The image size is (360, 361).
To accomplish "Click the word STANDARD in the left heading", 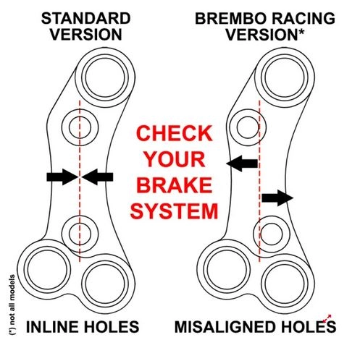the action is point(86,19).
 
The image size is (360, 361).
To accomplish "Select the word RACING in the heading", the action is point(301,19).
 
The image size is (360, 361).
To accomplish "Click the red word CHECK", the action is point(174,133).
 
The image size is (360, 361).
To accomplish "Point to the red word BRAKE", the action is point(175,185).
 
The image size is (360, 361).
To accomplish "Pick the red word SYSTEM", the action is point(174,211).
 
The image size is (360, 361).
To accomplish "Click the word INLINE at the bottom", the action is point(53,327).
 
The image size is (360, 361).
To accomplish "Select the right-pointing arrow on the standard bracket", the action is point(62,177).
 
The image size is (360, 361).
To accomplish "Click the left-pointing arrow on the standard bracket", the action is point(97,177).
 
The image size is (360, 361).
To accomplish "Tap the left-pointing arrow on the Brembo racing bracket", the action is point(242,163).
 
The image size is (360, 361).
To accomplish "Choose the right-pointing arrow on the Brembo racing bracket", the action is point(277,198).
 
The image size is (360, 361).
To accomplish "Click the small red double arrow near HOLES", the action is point(327,318).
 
